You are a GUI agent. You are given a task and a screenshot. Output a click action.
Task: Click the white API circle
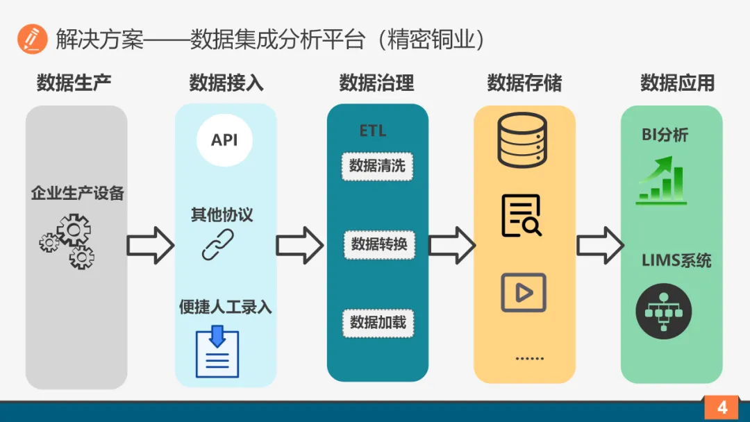click(x=224, y=140)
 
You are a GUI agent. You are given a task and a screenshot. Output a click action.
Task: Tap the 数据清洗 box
click(x=377, y=166)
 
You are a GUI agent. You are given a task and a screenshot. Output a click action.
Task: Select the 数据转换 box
click(x=378, y=244)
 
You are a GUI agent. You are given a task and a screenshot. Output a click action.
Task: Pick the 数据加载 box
click(x=378, y=323)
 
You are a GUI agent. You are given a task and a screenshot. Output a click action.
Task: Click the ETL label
click(x=373, y=130)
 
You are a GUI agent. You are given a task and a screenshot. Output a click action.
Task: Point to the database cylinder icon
click(x=522, y=140)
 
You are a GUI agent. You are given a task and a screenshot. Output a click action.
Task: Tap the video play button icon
click(x=523, y=292)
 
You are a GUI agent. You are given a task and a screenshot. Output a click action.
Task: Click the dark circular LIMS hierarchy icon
click(x=663, y=313)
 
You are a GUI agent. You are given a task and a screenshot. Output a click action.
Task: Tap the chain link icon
click(x=217, y=244)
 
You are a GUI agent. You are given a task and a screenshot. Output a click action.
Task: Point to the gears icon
click(x=67, y=241)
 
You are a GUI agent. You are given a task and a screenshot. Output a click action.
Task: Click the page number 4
click(x=722, y=407)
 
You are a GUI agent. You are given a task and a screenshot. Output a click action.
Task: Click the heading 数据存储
click(x=524, y=84)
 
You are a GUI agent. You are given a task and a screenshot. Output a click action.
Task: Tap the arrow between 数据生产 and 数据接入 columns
click(x=150, y=245)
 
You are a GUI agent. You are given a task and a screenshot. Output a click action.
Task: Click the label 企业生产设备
click(x=77, y=193)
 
